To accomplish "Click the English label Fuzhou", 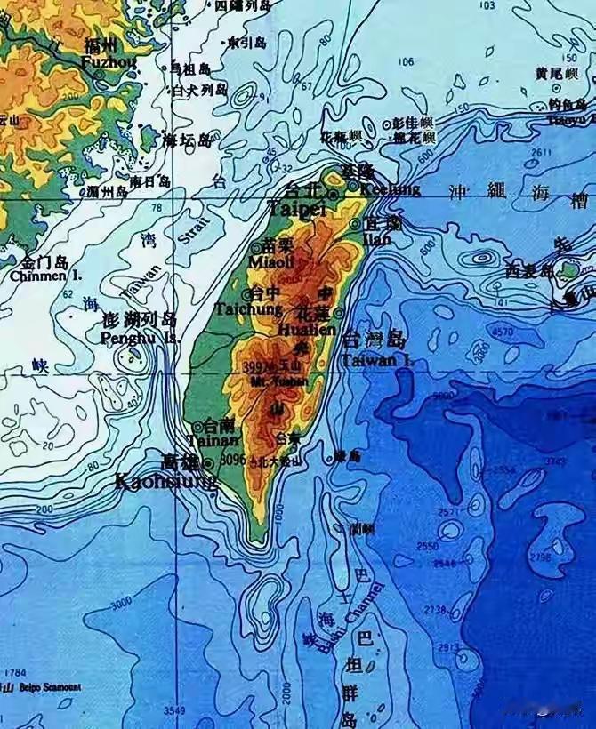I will [109, 62].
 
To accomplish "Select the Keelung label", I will [391, 188].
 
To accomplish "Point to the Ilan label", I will [376, 239].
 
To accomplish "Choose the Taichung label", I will [247, 309].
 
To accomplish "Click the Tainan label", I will [214, 440].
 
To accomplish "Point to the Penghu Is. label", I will [140, 338].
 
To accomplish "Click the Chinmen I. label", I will [46, 276].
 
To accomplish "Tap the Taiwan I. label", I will [377, 360].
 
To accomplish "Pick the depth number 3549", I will [175, 710].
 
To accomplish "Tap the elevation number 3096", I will [232, 460].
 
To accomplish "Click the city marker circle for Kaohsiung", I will [208, 463].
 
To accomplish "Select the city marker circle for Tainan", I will [197, 427].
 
